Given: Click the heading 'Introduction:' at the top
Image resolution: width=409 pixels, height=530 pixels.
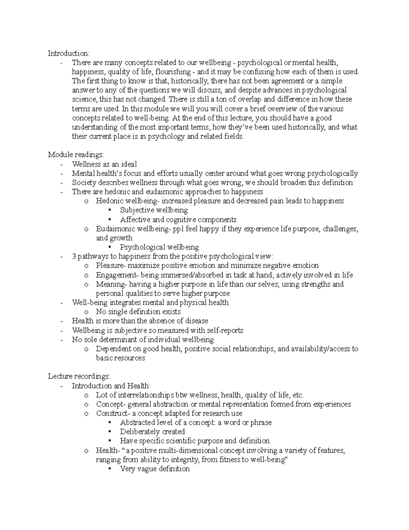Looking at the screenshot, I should click(x=69, y=53).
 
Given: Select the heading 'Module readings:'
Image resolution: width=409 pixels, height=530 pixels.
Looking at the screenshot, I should click(x=76, y=155).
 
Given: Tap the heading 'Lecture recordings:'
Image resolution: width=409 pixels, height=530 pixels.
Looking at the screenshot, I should click(x=79, y=376).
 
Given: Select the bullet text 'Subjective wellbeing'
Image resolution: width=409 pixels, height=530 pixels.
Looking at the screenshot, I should click(x=154, y=210).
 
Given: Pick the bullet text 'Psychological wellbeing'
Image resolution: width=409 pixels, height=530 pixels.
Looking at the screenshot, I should click(x=159, y=247).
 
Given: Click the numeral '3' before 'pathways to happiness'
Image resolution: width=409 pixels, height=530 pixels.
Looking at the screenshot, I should click(x=74, y=256).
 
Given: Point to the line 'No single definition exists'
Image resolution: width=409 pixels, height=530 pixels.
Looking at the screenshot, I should click(x=138, y=312).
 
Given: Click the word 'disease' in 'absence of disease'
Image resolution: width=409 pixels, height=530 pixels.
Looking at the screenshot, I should click(x=197, y=321).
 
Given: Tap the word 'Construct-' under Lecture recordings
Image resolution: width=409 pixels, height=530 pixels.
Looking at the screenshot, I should click(x=111, y=413).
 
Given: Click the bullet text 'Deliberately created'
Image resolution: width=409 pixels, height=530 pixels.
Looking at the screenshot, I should click(x=152, y=432).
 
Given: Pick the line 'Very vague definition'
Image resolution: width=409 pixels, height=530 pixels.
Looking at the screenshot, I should click(x=154, y=469).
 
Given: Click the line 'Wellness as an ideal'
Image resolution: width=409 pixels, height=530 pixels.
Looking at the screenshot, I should click(x=104, y=164).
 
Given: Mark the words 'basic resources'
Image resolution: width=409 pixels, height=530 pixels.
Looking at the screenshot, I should click(x=120, y=358).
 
